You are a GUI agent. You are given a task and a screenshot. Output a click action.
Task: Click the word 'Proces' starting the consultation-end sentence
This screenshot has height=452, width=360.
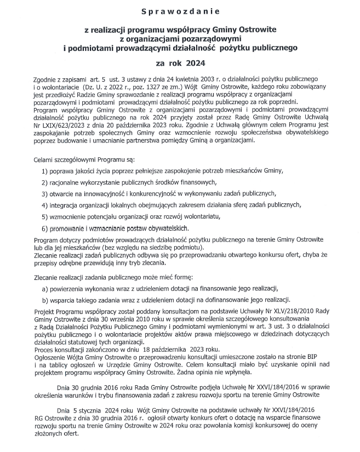(x=44, y=348)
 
